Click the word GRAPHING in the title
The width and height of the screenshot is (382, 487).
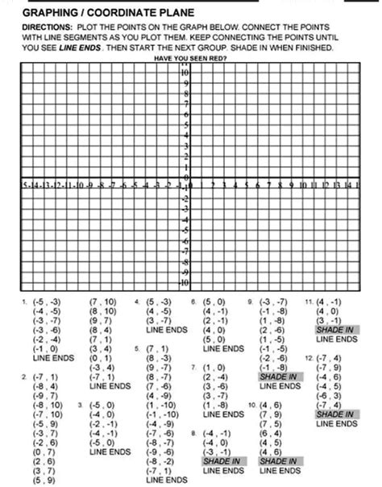click(51, 13)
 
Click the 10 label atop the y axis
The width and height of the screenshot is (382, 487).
click(185, 73)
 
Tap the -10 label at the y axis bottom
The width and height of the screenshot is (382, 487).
click(184, 284)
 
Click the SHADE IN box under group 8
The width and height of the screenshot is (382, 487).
click(222, 461)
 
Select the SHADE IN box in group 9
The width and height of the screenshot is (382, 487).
click(279, 377)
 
